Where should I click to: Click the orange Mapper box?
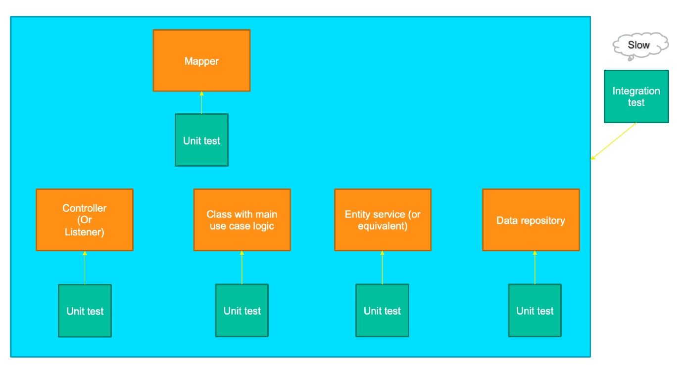[x=201, y=60]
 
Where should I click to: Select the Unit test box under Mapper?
[x=201, y=140]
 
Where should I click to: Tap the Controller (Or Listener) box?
[x=85, y=220]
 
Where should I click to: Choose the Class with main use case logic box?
[x=242, y=220]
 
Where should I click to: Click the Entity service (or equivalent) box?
[x=383, y=220]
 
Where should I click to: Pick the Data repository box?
[x=531, y=220]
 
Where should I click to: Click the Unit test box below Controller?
[x=85, y=311]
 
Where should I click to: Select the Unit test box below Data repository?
[x=535, y=311]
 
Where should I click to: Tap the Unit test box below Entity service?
[x=383, y=311]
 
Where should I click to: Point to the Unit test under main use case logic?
[x=242, y=311]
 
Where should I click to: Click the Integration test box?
[x=636, y=96]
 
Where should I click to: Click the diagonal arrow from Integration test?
[x=614, y=141]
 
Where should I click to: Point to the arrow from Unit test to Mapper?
[x=201, y=103]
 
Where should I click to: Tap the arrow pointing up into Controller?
[x=85, y=268]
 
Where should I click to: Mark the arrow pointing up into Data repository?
[x=535, y=268]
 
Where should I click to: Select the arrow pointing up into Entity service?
[x=382, y=268]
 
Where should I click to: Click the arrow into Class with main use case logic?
[x=242, y=268]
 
